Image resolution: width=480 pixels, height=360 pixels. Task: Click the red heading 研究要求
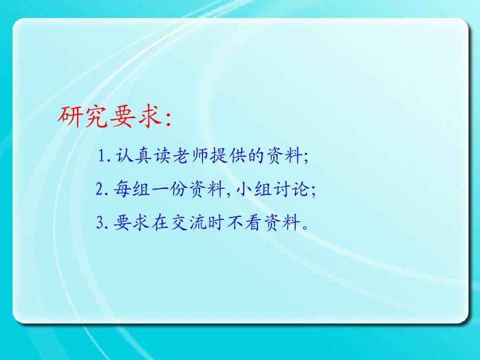109,117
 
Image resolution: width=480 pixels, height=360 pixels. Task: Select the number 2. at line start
102,189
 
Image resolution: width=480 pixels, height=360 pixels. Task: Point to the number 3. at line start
102,222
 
